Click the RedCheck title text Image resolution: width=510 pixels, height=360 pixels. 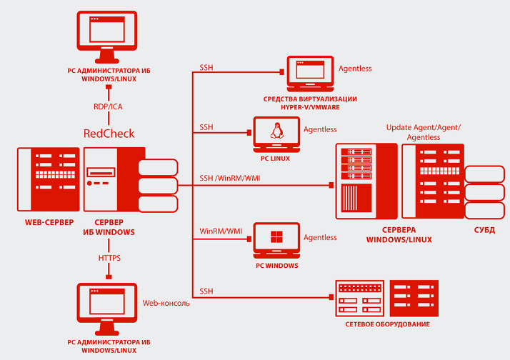click(109, 133)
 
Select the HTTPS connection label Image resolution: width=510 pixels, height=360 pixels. click(109, 257)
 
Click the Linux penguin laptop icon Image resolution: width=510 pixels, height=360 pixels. click(275, 131)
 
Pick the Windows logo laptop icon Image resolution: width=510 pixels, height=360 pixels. click(275, 239)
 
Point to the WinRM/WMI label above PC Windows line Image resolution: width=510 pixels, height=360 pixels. click(221, 231)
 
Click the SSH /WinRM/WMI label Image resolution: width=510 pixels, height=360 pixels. click(230, 178)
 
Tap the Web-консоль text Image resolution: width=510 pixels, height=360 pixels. click(166, 303)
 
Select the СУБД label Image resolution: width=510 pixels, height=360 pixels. click(484, 230)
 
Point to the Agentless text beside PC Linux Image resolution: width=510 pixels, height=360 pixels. click(320, 129)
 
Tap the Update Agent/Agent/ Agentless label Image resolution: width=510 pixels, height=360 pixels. click(424, 131)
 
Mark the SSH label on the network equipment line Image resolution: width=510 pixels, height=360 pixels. click(206, 291)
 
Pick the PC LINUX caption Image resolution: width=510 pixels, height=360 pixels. click(275, 158)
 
